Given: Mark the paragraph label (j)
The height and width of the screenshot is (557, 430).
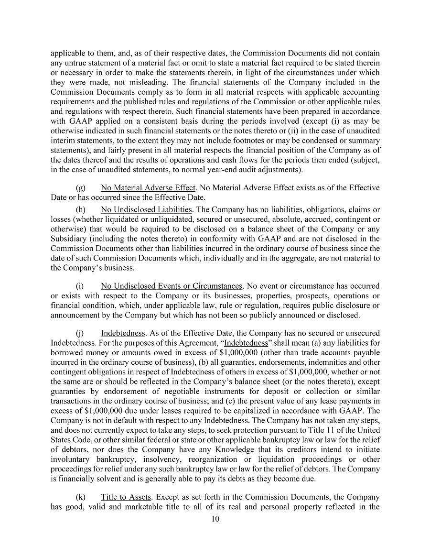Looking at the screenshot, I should coord(81,333).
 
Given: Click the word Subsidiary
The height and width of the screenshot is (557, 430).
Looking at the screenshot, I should coord(68,239).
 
